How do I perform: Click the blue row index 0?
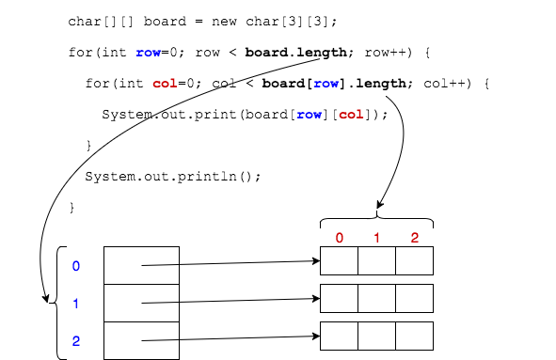pyautogui.click(x=76, y=266)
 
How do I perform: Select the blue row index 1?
pyautogui.click(x=76, y=304)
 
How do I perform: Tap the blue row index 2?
pyautogui.click(x=76, y=341)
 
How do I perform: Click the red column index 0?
pyautogui.click(x=339, y=238)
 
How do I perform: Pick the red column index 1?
pyautogui.click(x=376, y=238)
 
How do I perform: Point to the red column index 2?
pyautogui.click(x=414, y=238)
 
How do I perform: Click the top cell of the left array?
pyautogui.click(x=141, y=265)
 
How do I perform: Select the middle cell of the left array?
pyautogui.click(x=141, y=303)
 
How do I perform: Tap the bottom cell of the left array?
pyautogui.click(x=141, y=340)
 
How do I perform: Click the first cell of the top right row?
pyautogui.click(x=339, y=260)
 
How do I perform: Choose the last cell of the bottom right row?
pyautogui.click(x=414, y=336)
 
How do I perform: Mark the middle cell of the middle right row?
pyautogui.click(x=376, y=298)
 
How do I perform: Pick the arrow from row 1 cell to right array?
pyautogui.click(x=230, y=301)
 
